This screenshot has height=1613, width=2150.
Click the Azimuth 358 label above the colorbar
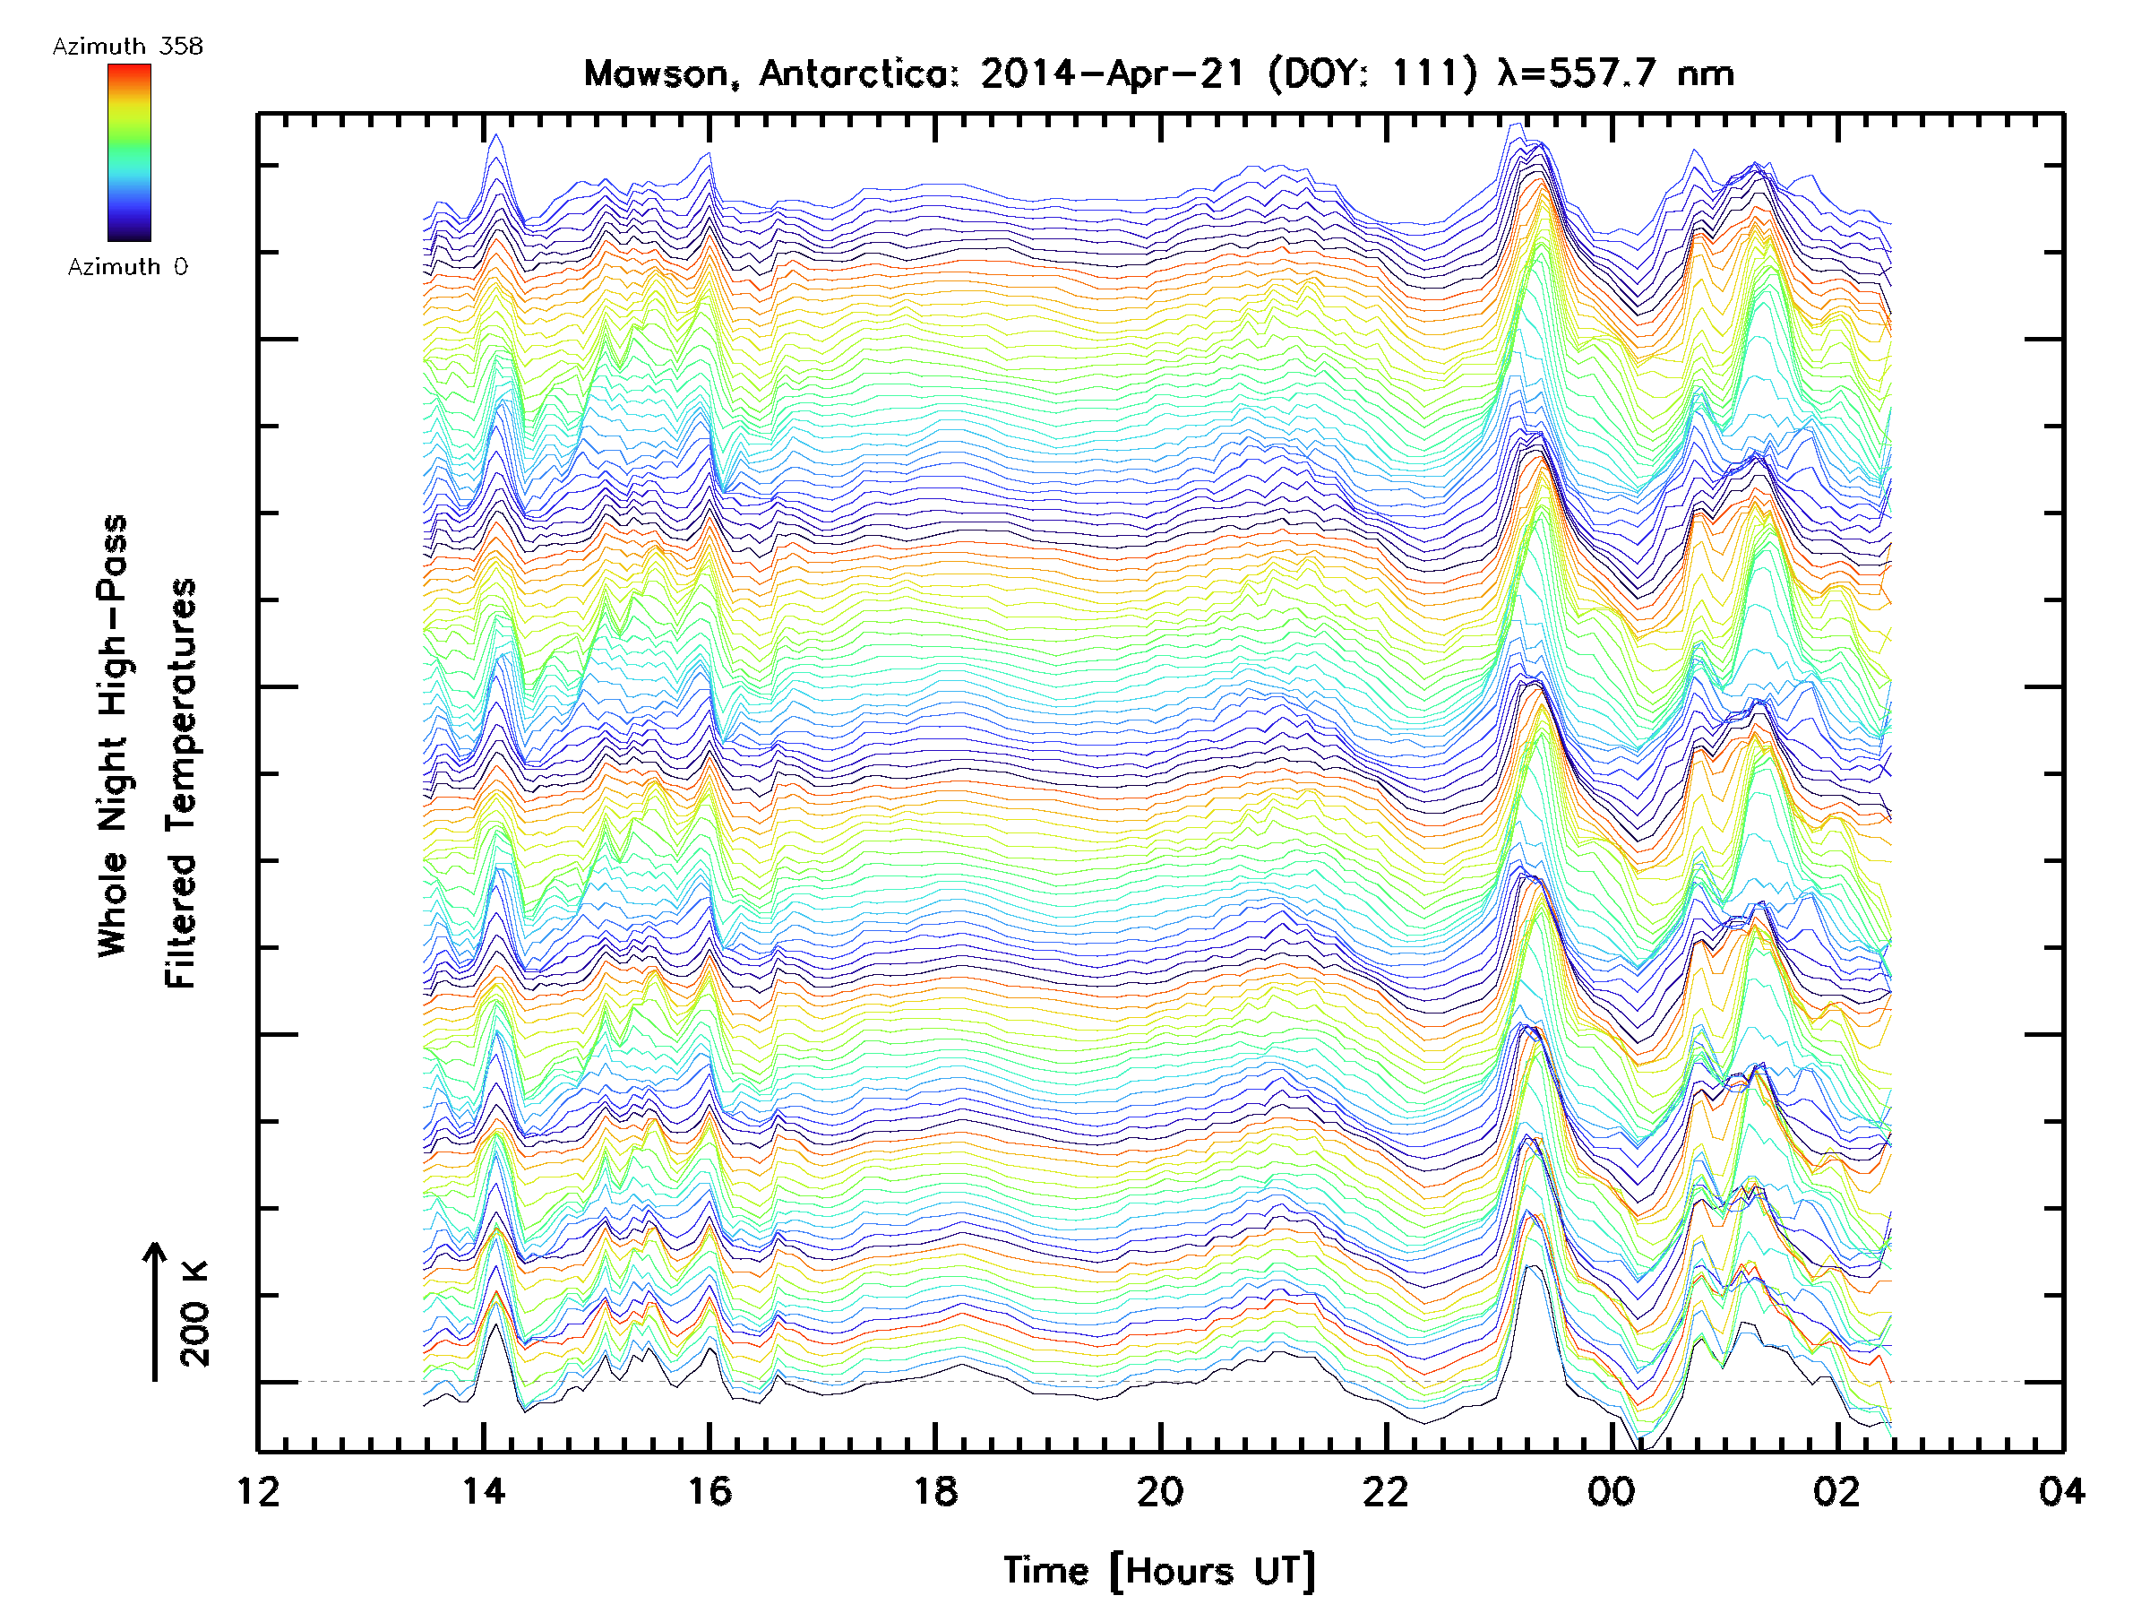click(x=127, y=47)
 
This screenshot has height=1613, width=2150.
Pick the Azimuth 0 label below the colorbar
click(x=127, y=267)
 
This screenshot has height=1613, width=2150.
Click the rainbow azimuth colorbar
click(x=129, y=152)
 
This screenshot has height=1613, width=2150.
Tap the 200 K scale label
click(x=195, y=1314)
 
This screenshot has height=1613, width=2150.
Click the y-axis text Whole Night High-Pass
click(x=113, y=736)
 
